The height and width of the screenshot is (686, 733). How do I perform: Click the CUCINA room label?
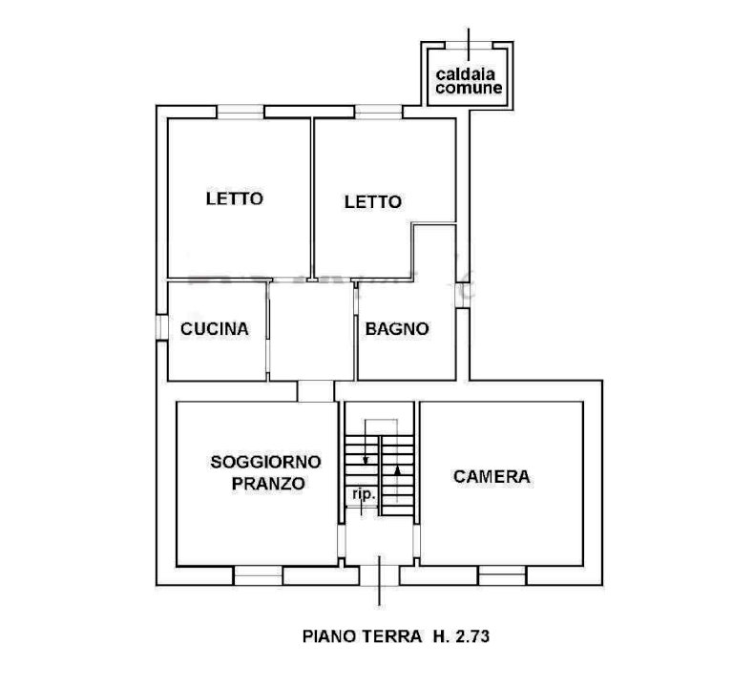click(215, 329)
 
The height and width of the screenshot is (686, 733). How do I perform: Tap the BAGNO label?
click(397, 329)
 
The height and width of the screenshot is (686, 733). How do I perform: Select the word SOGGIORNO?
click(265, 462)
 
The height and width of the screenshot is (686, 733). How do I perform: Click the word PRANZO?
click(268, 484)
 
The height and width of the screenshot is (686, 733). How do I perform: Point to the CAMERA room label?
click(492, 477)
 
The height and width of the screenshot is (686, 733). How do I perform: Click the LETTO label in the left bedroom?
click(235, 198)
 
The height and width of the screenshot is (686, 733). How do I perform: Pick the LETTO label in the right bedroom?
click(373, 202)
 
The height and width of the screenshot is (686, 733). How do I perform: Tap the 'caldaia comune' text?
click(469, 81)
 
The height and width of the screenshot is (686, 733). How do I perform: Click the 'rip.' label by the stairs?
click(364, 495)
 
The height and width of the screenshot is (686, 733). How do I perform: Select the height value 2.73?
click(471, 636)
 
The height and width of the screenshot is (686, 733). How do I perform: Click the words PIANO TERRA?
click(362, 636)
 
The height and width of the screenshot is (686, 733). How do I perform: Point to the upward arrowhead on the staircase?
click(397, 471)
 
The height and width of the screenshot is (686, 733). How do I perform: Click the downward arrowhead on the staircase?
click(366, 460)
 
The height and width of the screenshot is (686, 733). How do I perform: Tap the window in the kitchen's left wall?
click(162, 327)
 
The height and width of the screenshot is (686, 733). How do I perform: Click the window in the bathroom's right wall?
click(462, 296)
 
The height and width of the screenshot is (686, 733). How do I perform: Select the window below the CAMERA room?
click(503, 575)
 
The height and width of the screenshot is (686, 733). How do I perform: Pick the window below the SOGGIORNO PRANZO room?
click(258, 575)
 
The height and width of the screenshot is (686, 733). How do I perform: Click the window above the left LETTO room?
click(241, 113)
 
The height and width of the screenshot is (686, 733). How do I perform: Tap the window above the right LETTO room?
click(379, 113)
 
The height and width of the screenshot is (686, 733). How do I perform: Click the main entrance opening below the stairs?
click(379, 575)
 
